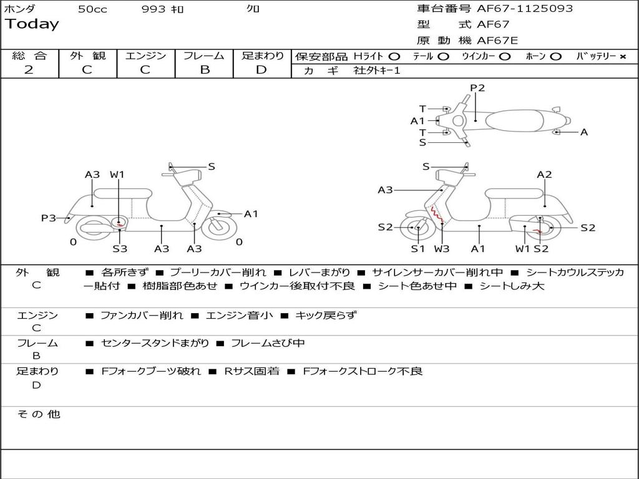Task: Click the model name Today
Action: (32, 24)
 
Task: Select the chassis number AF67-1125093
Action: (516, 9)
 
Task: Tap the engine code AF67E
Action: (497, 41)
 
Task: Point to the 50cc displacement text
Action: (92, 9)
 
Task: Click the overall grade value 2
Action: (29, 70)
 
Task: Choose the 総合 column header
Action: (29, 56)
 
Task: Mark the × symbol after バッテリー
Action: (622, 57)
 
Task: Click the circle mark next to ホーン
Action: (555, 57)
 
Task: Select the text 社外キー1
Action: (377, 70)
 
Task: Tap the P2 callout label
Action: (477, 88)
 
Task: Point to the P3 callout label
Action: (48, 218)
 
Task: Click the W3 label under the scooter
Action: (442, 249)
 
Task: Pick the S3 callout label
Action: (120, 249)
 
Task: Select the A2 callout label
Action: (545, 175)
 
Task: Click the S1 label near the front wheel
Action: (417, 249)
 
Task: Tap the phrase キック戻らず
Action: (326, 316)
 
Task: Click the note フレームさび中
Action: (268, 343)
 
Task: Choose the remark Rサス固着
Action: (251, 371)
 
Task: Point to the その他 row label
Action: (39, 414)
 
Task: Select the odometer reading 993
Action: (154, 9)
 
